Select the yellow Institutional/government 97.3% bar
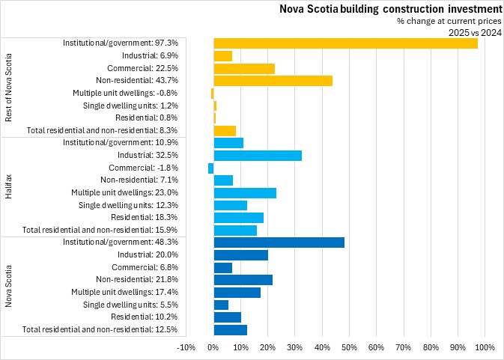coord(345,43)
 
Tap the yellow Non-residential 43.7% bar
coord(273,80)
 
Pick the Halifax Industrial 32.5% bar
coord(258,155)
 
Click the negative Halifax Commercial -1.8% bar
coord(211,168)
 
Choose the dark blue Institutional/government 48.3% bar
coord(279,242)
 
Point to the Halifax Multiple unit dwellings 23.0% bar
coord(245,192)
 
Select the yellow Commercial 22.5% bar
coord(244,68)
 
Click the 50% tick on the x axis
coord(349,347)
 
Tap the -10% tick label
coord(186,347)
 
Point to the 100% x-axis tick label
coord(484,347)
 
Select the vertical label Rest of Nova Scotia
coord(9,87)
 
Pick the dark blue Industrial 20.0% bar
coord(240,254)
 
